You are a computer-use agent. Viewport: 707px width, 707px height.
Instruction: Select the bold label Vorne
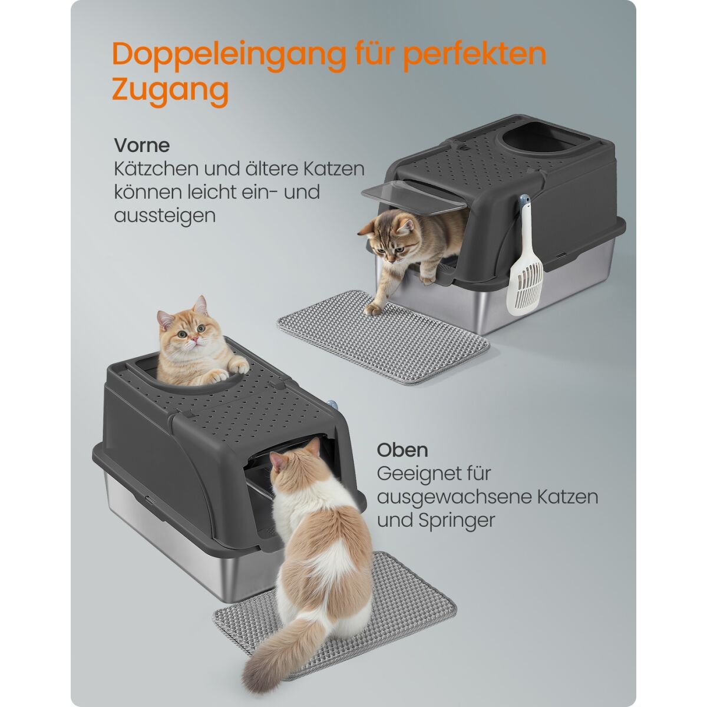pos(142,146)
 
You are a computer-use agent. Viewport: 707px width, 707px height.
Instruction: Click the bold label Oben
pos(402,450)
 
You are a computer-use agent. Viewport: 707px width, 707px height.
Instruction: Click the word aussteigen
pos(165,216)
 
